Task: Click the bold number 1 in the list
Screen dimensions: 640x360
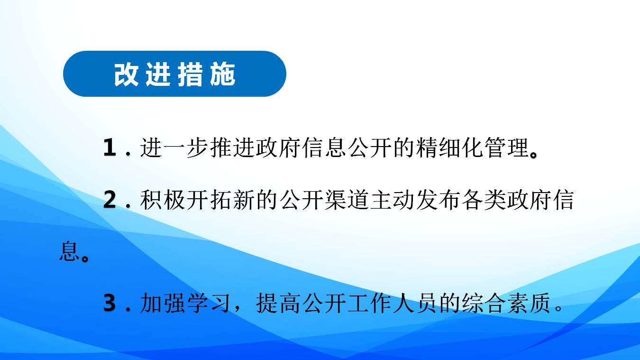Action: (110, 148)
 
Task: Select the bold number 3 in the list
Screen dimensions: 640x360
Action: (110, 303)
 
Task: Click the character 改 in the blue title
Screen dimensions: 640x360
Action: (126, 74)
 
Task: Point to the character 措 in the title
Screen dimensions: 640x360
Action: (190, 74)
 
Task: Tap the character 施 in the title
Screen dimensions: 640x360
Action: (222, 74)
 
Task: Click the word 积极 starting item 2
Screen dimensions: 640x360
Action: (163, 200)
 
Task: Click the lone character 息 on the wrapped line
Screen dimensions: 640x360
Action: (69, 251)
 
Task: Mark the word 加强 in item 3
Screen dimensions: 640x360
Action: (163, 303)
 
